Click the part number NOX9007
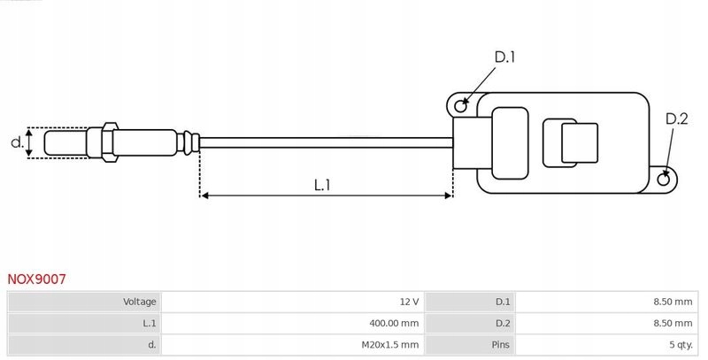coord(36,279)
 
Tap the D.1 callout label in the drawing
coord(504,57)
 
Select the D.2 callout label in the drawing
coord(676,119)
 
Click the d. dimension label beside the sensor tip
coord(15,142)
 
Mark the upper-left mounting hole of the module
coord(460,107)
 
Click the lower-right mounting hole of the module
coord(666,180)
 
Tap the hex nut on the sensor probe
coord(109,142)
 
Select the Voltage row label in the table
coord(139,302)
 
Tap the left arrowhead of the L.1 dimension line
coord(206,195)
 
